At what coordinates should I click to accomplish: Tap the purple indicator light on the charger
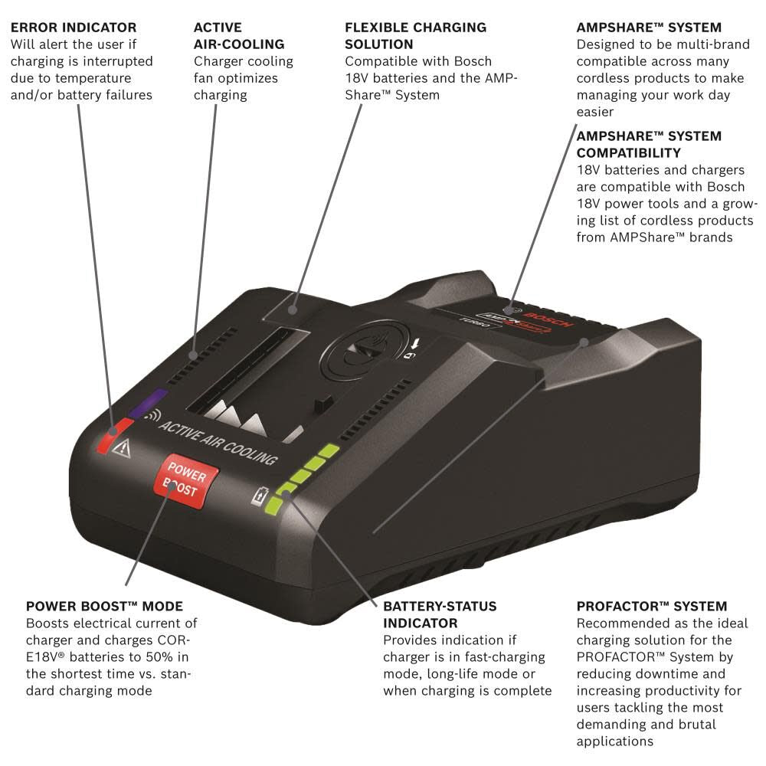tap(149, 404)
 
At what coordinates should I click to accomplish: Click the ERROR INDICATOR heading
tap(74, 28)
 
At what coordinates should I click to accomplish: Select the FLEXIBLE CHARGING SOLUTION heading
tap(415, 36)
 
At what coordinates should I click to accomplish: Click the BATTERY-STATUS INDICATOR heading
tap(440, 614)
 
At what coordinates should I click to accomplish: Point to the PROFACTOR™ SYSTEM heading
tap(652, 607)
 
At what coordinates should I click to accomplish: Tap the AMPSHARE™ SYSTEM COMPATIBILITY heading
tap(649, 145)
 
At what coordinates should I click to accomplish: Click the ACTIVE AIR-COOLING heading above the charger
tap(239, 36)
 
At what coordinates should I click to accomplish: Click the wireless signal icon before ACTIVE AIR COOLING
tap(152, 416)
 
